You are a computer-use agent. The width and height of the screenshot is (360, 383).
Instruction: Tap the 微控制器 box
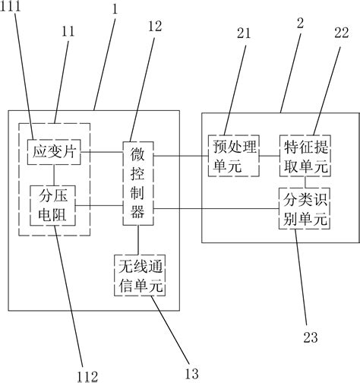pos(137,182)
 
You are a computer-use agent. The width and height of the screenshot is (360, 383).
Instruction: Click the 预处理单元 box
pos(232,154)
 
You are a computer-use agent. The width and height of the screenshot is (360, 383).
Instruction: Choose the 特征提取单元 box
pos(305,154)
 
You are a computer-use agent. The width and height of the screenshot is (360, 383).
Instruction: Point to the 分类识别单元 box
pos(305,209)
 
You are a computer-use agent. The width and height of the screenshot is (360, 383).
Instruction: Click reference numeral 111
pos(13,7)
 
